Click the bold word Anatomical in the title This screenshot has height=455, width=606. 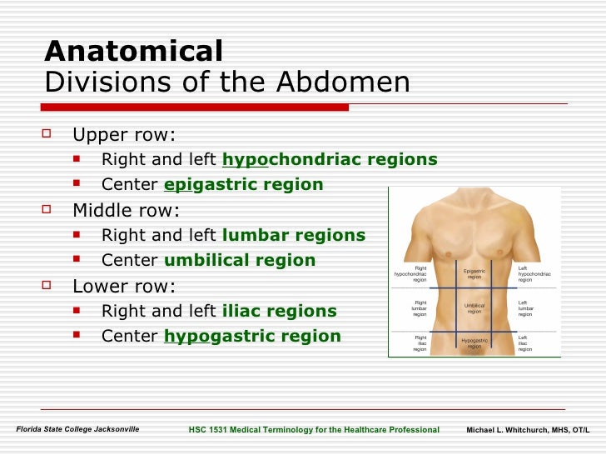[x=133, y=52]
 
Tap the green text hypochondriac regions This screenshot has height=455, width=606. [x=330, y=160]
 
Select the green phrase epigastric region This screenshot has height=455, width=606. [x=244, y=185]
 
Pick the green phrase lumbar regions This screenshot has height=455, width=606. [x=294, y=236]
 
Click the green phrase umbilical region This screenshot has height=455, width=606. [x=240, y=261]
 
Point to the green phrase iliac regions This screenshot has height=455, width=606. [x=280, y=312]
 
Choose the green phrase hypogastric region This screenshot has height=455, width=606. [x=252, y=337]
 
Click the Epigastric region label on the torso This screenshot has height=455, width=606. [x=474, y=274]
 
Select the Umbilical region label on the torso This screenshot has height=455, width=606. [x=474, y=308]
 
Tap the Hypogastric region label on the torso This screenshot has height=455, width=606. [x=474, y=343]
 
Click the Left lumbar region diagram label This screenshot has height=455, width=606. [x=524, y=308]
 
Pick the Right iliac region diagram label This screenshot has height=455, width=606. [x=420, y=343]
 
